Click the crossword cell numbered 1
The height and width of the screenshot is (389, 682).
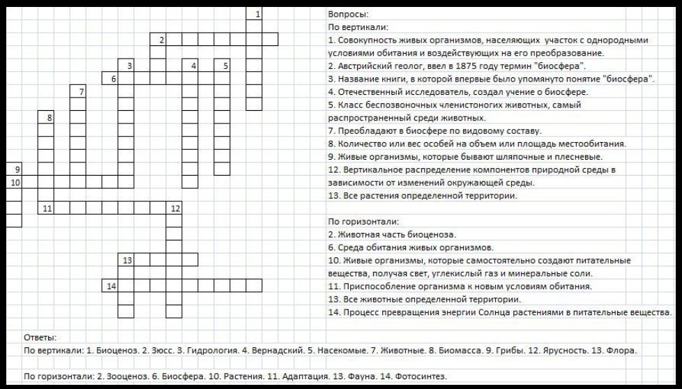[x=255, y=13]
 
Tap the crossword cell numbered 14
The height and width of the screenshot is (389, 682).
[x=109, y=286]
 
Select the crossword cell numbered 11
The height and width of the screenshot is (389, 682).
[x=46, y=208]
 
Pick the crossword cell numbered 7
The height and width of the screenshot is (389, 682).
[x=78, y=91]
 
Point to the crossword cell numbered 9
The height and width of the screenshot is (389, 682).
[x=14, y=169]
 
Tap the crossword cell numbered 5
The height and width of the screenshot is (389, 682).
[x=222, y=66]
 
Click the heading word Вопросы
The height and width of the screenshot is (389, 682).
[x=348, y=14]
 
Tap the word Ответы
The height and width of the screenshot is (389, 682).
[x=40, y=337]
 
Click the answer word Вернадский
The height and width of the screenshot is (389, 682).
[x=275, y=350]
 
